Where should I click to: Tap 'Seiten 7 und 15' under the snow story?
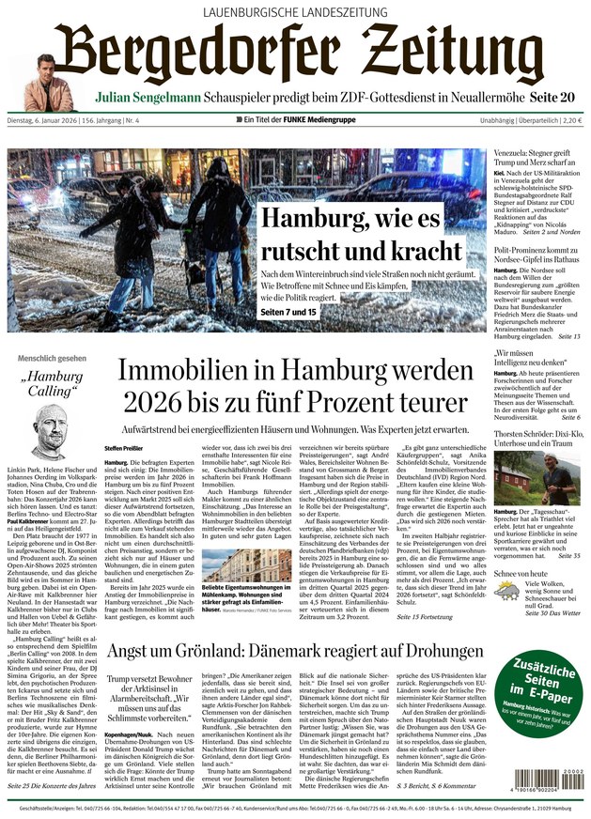coord(288,311)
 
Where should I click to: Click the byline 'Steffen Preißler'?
coord(123,448)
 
